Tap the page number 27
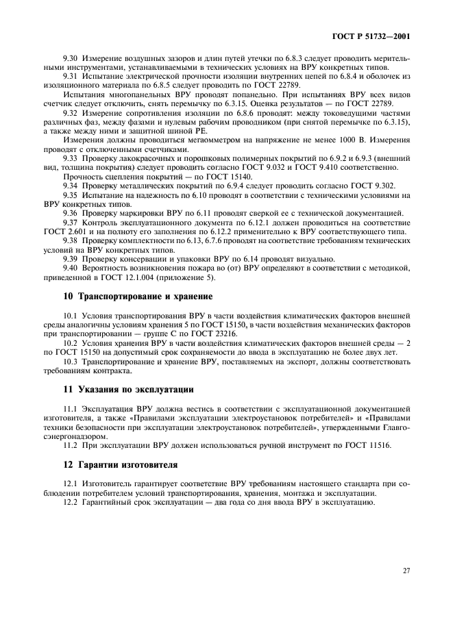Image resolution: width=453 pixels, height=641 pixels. (406, 569)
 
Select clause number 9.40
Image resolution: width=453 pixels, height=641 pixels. (71, 270)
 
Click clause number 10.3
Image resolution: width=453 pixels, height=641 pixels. (71, 360)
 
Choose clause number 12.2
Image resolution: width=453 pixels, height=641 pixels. (71, 502)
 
